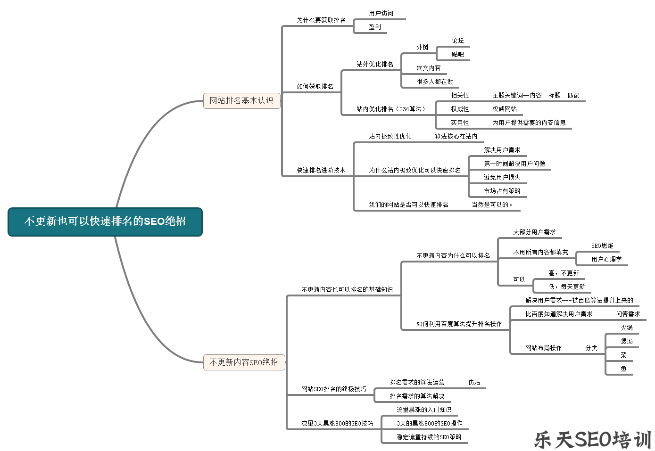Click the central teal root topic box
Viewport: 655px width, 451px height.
click(105, 221)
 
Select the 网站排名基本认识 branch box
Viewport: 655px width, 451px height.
click(241, 101)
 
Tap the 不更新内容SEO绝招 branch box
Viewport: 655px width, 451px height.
click(244, 362)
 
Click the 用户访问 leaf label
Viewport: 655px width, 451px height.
click(381, 13)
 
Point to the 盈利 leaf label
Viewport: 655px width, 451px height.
click(375, 27)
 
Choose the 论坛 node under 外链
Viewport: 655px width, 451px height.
click(458, 41)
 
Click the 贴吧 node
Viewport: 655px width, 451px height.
click(458, 54)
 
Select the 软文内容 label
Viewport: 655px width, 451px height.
click(429, 68)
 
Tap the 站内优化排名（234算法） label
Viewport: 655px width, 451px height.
click(391, 109)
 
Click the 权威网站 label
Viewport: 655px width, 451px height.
click(505, 109)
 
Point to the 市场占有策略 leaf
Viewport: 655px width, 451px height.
click(502, 191)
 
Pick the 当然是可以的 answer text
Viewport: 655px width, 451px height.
click(492, 205)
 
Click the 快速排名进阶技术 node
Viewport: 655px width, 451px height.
click(321, 170)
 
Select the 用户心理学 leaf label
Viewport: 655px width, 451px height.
click(606, 259)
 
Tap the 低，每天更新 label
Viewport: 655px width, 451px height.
click(567, 287)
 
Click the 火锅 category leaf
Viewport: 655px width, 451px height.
click(627, 328)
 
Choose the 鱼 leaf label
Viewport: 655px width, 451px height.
click(623, 369)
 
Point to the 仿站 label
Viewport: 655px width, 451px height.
click(474, 382)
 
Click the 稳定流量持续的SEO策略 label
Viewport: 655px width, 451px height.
click(429, 437)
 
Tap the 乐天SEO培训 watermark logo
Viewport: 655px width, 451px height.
click(592, 440)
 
